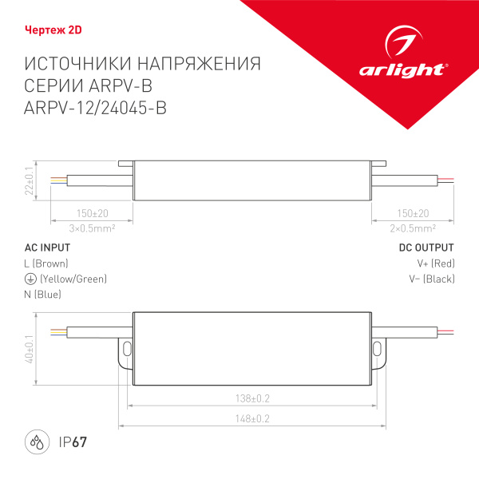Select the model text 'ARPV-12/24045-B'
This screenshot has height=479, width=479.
click(97, 110)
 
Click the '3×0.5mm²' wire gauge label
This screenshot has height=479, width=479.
click(92, 228)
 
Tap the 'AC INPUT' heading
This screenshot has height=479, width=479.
click(49, 247)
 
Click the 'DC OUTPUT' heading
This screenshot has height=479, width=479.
click(426, 247)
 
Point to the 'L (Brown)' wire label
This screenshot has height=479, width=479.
click(46, 263)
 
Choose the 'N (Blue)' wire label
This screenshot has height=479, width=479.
click(43, 295)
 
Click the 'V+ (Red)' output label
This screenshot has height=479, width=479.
click(436, 263)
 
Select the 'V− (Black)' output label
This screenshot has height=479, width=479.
click(432, 279)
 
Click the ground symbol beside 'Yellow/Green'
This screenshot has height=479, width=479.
click(30, 279)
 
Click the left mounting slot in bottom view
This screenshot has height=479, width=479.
click(125, 348)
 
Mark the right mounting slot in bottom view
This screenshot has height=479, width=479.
click(378, 348)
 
